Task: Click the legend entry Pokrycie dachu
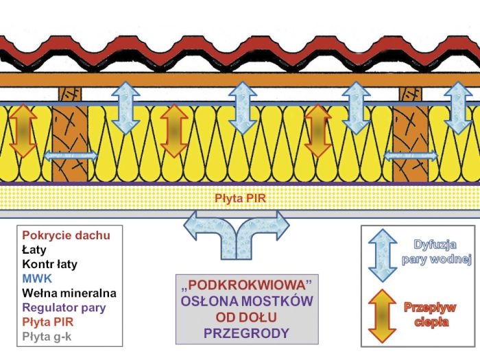tap(66, 235)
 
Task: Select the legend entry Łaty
tap(34, 250)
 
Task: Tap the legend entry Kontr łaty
tap(49, 264)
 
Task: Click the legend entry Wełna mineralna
tap(69, 293)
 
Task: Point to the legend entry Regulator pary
tap(64, 308)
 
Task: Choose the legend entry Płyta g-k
tap(47, 337)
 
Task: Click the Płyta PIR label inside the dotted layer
tap(240, 198)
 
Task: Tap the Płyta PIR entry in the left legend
tap(48, 322)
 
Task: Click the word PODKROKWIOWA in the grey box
tap(247, 285)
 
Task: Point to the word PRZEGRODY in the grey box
tap(246, 333)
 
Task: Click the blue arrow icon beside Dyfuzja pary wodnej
tap(383, 255)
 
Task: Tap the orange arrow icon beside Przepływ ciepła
tap(383, 315)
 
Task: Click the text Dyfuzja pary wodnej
tap(436, 252)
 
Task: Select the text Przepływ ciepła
tap(430, 315)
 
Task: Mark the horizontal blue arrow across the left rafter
tap(71, 156)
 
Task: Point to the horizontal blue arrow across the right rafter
tap(411, 156)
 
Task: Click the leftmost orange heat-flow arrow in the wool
tap(23, 131)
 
